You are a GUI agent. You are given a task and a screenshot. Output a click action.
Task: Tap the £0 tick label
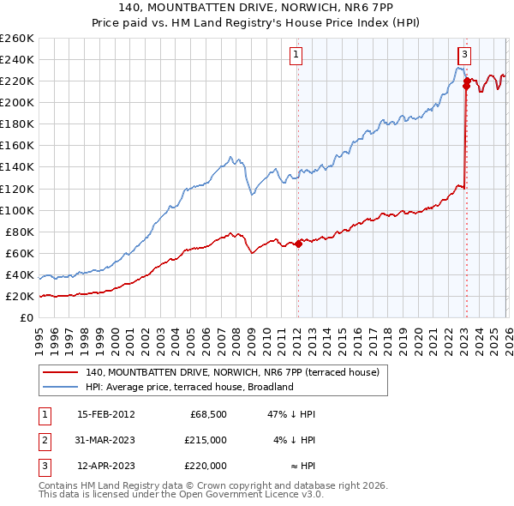[26, 318]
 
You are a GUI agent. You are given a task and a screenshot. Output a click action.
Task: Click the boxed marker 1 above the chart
[296, 55]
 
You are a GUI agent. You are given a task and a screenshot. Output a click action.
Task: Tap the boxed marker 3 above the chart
[463, 55]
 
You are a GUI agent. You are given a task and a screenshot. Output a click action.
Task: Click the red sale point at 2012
[298, 244]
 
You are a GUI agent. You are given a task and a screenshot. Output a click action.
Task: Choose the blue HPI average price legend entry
[189, 387]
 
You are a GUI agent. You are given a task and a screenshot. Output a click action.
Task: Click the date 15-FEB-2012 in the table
[105, 414]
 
